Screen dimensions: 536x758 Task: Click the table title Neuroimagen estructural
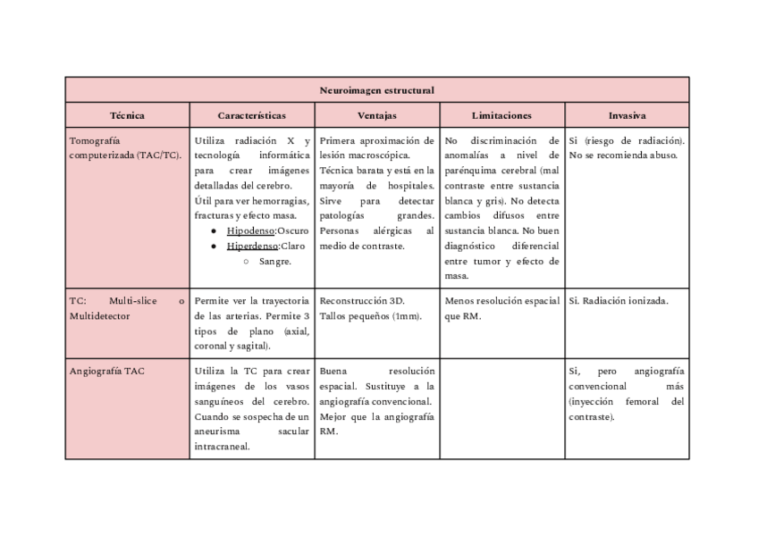[376, 90]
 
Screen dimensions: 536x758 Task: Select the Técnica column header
[127, 115]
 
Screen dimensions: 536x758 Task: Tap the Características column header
[251, 115]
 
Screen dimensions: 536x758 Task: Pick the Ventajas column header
[376, 115]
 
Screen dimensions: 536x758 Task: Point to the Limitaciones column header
[501, 115]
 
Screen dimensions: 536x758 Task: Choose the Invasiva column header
[627, 115]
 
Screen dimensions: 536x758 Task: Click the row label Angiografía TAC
[106, 371]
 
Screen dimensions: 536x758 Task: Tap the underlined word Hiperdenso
[251, 246]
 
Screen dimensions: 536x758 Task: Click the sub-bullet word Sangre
[275, 261]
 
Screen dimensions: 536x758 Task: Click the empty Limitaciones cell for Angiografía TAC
[501, 408]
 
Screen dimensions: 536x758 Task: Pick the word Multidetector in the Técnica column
[99, 315]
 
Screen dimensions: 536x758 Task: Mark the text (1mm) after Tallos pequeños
[407, 315]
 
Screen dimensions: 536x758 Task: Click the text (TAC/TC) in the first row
[159, 155]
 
